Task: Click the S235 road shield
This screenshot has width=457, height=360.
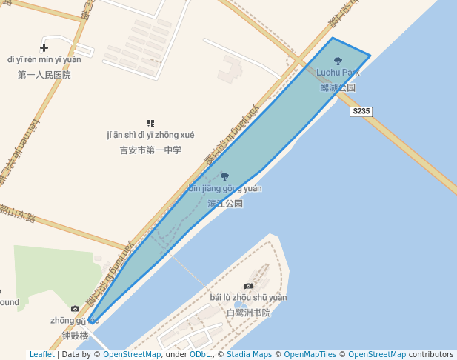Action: point(361,111)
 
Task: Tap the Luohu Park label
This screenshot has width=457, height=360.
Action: point(338,73)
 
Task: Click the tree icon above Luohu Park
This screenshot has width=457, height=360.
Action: point(338,61)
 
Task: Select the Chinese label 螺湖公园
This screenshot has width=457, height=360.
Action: point(338,87)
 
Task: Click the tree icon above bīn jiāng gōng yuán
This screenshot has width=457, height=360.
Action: point(225,176)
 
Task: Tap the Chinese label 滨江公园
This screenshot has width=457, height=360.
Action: point(225,203)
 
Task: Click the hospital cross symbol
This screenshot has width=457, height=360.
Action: point(44,47)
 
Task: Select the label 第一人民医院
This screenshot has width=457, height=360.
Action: point(44,75)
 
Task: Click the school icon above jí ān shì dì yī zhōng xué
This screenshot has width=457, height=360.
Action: point(150,123)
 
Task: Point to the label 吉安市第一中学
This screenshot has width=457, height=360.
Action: point(150,150)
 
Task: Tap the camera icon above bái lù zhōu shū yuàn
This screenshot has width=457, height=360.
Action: point(248,286)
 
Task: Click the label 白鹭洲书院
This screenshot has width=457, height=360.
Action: point(248,313)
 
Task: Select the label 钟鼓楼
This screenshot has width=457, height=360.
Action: point(75,336)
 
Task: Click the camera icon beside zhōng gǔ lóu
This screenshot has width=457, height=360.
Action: point(75,308)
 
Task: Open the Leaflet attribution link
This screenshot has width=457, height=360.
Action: point(41,354)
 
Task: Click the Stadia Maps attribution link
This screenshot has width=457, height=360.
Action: point(249,354)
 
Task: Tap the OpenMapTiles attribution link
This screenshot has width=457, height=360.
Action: point(310,354)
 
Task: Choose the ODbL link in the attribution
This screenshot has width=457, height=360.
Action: point(200,354)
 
